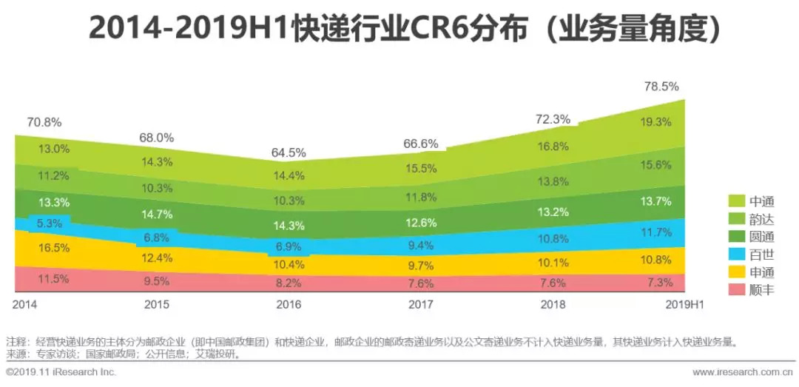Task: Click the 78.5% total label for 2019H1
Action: pyautogui.click(x=661, y=87)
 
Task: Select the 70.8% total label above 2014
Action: pyautogui.click(x=45, y=122)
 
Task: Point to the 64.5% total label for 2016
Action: pyautogui.click(x=289, y=152)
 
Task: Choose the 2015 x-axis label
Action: pyautogui.click(x=156, y=305)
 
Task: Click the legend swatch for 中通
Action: pyautogui.click(x=735, y=201)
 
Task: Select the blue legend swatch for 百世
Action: pyautogui.click(x=735, y=254)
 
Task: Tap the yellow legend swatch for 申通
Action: pyautogui.click(x=735, y=272)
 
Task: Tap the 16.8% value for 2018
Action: pyautogui.click(x=553, y=146)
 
